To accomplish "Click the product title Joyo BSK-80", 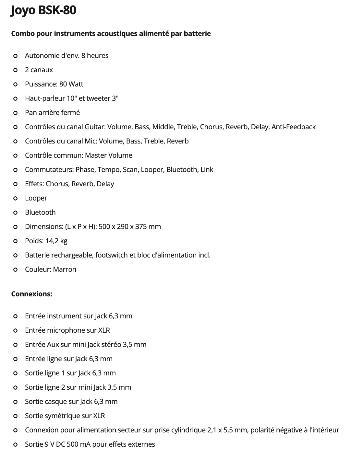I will pos(43,10).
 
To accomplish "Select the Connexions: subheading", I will pos(31,294).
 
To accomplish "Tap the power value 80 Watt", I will pos(71,84).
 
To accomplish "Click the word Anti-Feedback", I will pos(293,127).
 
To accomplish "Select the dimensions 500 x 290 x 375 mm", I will pos(129,227).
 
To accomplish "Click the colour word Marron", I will pos(65,269).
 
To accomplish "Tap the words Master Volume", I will pos(108,155).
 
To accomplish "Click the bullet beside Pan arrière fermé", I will pos(15,113).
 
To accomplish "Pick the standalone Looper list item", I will pos(36,198).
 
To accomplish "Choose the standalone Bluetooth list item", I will pos(40,212).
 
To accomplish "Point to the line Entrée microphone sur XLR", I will pos(67,330).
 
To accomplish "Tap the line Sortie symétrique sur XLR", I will pos(65,416).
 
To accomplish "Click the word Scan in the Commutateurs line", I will pos(130,170).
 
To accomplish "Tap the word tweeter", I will pos(98,98).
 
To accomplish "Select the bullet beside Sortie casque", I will pos(15,402).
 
